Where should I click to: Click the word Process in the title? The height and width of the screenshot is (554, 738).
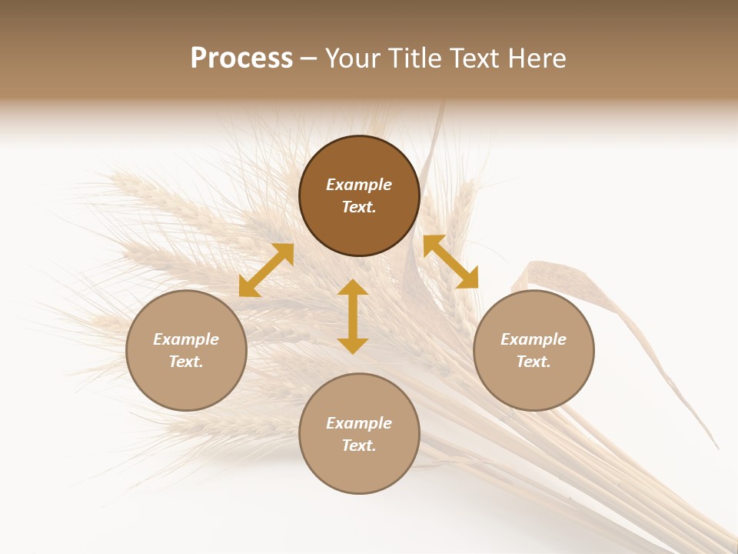(241, 58)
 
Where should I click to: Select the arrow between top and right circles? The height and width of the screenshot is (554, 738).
(450, 262)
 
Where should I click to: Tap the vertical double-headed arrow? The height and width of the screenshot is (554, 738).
(353, 316)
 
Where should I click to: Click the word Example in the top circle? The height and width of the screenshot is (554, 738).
(359, 185)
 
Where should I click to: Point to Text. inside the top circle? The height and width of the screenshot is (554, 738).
(359, 207)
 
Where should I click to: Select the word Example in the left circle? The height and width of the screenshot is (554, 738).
(186, 339)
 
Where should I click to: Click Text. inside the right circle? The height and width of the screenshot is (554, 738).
(534, 362)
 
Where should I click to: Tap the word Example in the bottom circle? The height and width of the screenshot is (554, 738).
(359, 423)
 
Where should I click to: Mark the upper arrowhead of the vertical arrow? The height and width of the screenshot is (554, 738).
(353, 289)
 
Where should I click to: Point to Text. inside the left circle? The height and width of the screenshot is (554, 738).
(186, 362)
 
